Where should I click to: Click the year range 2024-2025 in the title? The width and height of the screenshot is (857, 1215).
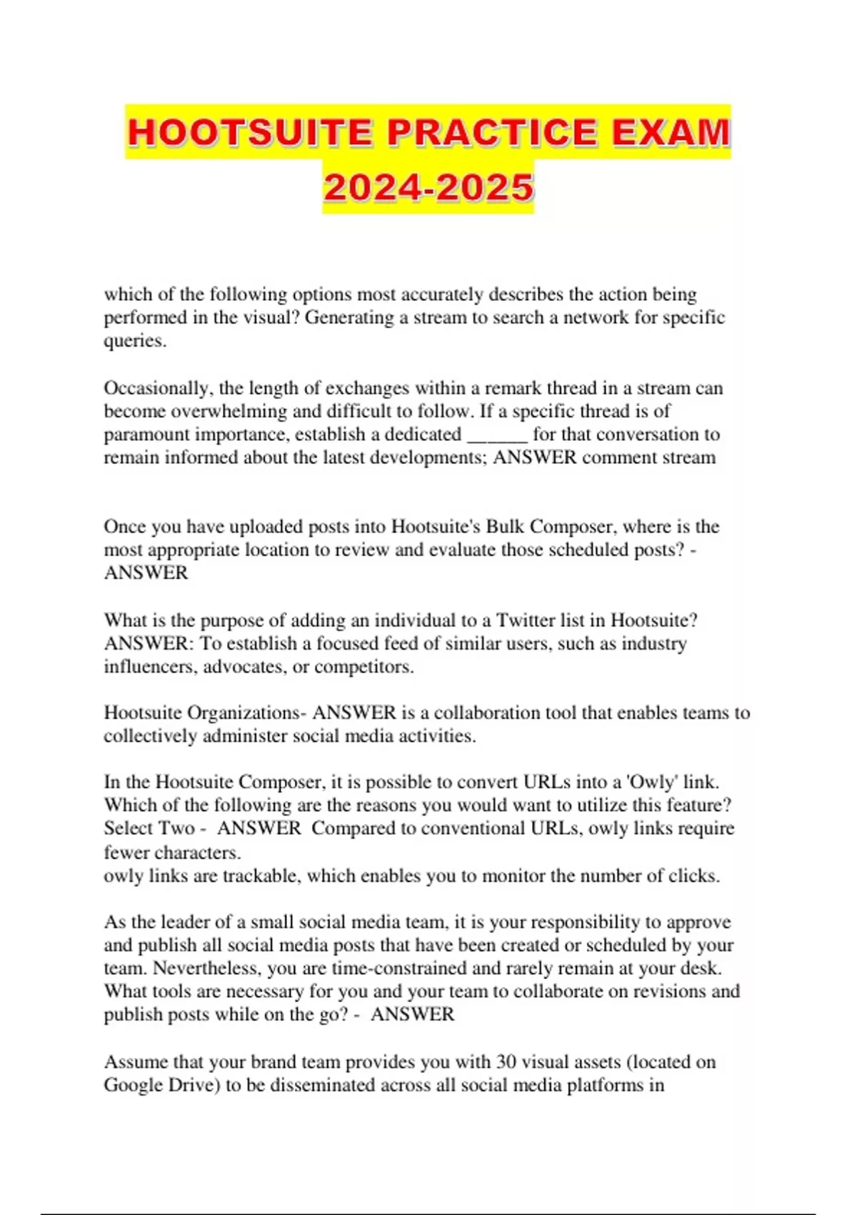(x=428, y=188)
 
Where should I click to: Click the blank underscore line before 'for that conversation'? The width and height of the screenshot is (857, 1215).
(x=497, y=435)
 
